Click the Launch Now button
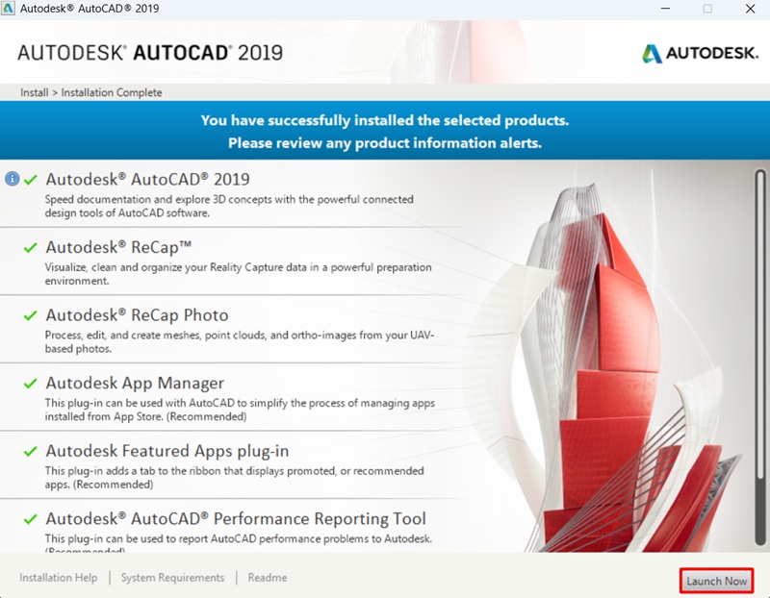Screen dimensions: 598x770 [x=716, y=581]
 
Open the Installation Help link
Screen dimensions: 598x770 [x=59, y=578]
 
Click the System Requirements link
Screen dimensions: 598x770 [x=172, y=578]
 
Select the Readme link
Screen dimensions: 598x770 [x=267, y=578]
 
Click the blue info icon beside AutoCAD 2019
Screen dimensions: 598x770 [x=13, y=179]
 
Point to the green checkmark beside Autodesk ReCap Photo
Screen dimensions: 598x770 [x=31, y=315]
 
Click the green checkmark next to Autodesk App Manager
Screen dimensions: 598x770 [x=31, y=384]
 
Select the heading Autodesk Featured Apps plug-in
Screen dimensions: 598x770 [x=167, y=451]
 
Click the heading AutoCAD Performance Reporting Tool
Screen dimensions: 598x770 [x=235, y=519]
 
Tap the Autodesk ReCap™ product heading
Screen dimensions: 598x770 [x=119, y=247]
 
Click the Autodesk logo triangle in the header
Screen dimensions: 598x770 [x=653, y=52]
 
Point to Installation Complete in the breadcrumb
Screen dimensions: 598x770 [x=112, y=92]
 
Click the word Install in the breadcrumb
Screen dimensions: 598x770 [x=34, y=92]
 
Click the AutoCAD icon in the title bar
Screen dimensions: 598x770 [x=9, y=9]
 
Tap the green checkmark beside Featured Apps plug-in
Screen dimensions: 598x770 [x=31, y=452]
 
